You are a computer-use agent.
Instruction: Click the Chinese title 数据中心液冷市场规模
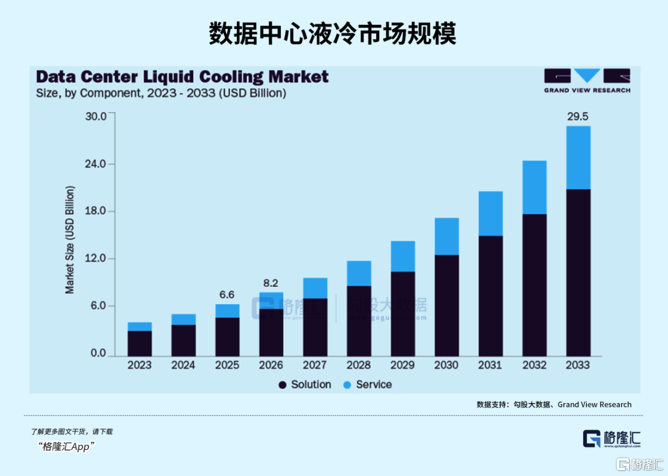(333, 33)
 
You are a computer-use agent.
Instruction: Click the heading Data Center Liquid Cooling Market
(182, 77)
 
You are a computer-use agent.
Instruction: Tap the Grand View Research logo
(587, 80)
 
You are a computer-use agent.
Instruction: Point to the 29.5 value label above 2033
(578, 116)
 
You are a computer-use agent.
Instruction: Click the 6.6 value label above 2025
(227, 294)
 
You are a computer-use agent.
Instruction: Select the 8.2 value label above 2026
(271, 283)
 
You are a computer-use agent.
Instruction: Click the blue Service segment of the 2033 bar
(578, 158)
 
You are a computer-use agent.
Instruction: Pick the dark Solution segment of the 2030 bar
(446, 305)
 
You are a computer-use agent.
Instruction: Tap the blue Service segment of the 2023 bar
(140, 326)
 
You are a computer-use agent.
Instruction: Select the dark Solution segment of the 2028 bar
(359, 321)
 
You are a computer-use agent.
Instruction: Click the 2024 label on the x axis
(183, 365)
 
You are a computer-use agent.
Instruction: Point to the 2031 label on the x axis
(490, 365)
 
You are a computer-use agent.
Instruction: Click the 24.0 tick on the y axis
(95, 164)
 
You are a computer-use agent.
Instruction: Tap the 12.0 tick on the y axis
(95, 258)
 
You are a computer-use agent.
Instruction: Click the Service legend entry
(367, 385)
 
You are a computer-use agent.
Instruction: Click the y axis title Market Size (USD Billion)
(70, 239)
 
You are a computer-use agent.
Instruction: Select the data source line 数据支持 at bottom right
(554, 404)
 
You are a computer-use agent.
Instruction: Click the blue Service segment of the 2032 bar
(534, 187)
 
